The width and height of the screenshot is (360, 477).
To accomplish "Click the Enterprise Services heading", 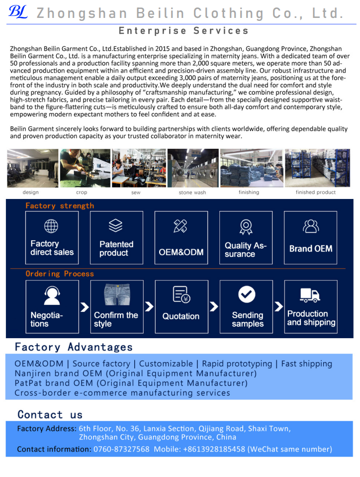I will click(x=183, y=31).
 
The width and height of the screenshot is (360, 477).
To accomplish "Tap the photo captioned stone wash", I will click(x=192, y=168).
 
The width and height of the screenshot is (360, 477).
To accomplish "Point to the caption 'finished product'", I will click(x=316, y=192).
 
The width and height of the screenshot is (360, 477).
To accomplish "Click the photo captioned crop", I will click(x=82, y=168).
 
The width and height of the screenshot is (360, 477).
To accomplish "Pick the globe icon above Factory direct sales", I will click(x=52, y=226).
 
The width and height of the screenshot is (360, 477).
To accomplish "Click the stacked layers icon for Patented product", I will click(x=116, y=226).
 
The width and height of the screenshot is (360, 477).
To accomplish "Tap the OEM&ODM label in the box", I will click(x=181, y=252).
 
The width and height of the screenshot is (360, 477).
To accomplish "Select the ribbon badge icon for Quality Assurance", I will click(x=246, y=226).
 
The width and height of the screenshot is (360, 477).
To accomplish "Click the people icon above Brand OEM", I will click(x=311, y=226).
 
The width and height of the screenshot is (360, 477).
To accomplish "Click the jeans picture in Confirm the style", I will click(x=116, y=295).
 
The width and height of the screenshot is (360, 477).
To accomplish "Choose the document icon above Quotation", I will click(x=181, y=295).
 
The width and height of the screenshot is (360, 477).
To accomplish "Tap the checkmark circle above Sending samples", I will click(x=247, y=294).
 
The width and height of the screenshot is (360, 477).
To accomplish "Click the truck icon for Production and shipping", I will click(x=310, y=295).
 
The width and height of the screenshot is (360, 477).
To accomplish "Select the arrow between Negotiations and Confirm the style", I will click(x=85, y=306).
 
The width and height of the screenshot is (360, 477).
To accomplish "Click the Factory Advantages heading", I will click(x=74, y=347).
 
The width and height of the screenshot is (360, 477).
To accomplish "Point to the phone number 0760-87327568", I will click(x=121, y=449).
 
